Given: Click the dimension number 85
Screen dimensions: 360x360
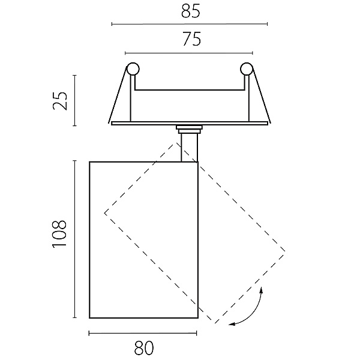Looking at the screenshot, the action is [191, 11].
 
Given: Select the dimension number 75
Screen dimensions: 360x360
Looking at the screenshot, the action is [192, 39].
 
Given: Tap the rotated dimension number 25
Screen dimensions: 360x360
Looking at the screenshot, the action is [60, 101].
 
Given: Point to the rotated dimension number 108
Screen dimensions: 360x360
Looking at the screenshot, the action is [59, 234].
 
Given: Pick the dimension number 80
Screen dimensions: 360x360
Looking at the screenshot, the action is [144, 348].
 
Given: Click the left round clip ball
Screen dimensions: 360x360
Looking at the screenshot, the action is [133, 68].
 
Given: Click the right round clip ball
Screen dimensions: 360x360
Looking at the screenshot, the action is [247, 68].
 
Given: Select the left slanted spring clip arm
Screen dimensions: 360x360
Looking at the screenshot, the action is [118, 95].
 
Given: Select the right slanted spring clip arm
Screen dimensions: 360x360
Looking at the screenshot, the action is [262, 95].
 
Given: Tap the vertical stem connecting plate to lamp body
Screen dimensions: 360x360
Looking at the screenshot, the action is [189, 148].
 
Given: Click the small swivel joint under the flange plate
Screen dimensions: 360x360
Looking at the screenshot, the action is [189, 129].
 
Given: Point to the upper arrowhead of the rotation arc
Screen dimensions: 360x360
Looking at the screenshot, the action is [261, 290].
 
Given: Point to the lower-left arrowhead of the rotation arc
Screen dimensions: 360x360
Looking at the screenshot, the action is [232, 324].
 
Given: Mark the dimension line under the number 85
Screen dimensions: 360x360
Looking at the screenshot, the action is [190, 24].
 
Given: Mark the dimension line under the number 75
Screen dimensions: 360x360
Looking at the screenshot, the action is [189, 53].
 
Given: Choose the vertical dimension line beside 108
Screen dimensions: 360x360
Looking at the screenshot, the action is [74, 239].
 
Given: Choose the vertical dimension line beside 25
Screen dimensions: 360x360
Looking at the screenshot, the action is [74, 100].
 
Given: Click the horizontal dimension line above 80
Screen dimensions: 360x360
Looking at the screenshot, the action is [143, 334].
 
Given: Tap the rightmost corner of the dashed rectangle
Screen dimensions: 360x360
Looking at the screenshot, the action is [285, 251].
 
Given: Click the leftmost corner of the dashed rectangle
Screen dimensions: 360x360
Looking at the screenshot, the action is [104, 213].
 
